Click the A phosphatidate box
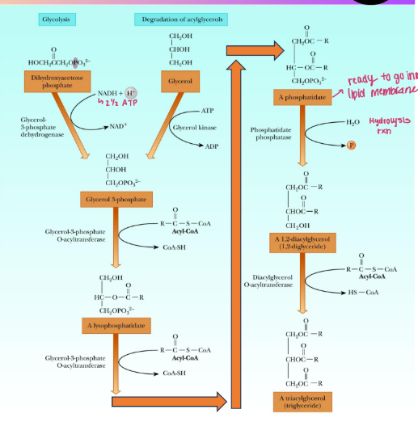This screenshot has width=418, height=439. click(301, 98)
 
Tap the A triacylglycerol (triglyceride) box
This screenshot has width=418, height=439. click(302, 402)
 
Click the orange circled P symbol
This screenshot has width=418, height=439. click(350, 145)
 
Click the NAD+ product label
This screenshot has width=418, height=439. click(119, 128)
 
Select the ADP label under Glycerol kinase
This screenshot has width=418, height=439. click(212, 146)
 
